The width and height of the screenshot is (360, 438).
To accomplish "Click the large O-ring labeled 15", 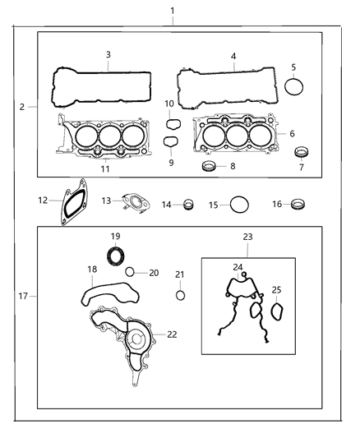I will point(239,204).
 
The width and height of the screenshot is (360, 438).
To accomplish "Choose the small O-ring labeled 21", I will point(181,296).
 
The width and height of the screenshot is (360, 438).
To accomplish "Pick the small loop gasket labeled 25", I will point(277,313).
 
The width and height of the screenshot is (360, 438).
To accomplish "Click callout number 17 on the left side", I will point(22,295).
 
